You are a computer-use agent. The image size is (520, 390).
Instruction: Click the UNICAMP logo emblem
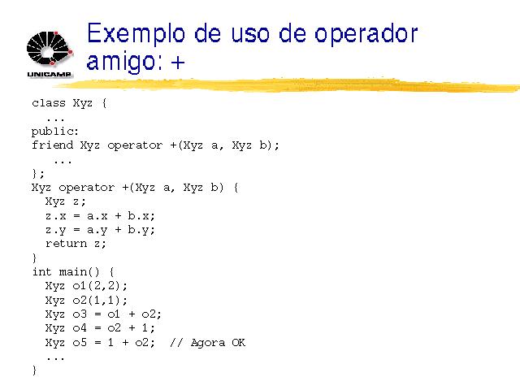50,49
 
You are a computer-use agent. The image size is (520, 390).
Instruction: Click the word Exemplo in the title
136,34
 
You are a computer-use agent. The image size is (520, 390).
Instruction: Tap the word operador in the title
366,34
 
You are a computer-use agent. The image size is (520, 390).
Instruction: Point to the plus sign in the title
178,62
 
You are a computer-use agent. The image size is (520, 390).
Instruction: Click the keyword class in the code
49,103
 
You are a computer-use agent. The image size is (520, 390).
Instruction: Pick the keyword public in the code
53,132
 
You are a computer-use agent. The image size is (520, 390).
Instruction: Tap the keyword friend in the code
52,145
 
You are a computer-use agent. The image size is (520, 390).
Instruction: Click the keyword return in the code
67,244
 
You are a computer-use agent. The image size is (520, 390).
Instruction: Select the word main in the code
73,272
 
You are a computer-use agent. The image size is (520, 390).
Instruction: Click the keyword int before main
42,272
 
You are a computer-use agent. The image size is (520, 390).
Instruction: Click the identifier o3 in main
80,314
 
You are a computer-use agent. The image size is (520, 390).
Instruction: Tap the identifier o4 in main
80,328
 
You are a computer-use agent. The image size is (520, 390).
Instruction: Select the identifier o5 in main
80,342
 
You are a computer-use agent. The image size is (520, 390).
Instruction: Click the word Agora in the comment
208,343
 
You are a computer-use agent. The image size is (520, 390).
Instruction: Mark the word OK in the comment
238,342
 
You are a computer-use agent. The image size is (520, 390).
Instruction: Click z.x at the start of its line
56,216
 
